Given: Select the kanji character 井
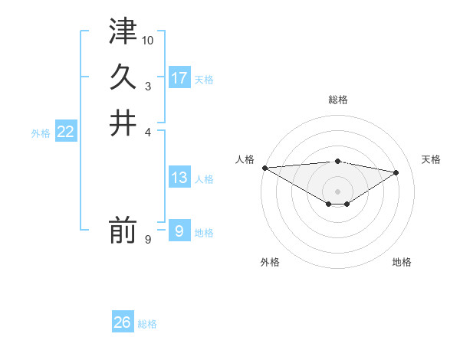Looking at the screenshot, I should point(123,123).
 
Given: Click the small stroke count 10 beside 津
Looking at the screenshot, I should point(148,39).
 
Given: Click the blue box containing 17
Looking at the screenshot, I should point(179,77).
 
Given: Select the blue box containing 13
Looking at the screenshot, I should point(179,178).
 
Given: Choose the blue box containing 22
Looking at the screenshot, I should point(65,132).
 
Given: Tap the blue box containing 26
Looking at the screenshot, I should point(123,322).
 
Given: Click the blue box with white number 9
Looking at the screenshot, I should point(179,231).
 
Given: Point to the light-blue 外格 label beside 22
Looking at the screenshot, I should point(41,133).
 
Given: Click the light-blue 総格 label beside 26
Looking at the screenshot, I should point(147,324).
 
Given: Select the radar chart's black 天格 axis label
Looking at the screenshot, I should point(432,159).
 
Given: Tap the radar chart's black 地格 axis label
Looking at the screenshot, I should point(402,262).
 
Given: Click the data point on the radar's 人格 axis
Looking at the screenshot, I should point(264,168).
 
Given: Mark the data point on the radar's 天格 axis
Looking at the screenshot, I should point(397,172).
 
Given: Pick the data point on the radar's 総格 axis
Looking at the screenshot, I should point(337,161).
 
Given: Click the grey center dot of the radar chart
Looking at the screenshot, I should point(337,191).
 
